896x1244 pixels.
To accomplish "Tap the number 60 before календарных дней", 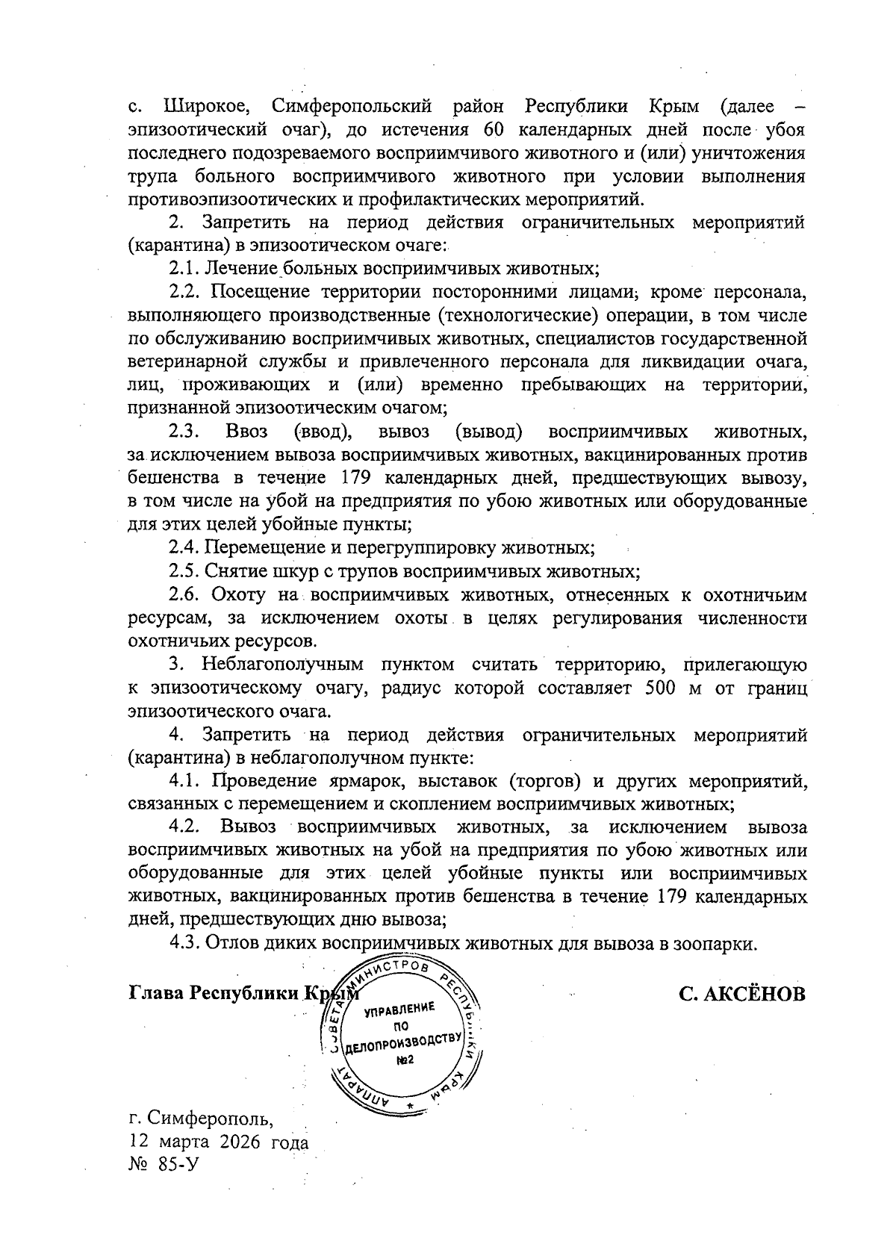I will coord(497,129).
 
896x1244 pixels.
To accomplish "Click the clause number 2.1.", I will coord(183,268).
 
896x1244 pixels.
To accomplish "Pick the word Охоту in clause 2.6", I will coord(238,595).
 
